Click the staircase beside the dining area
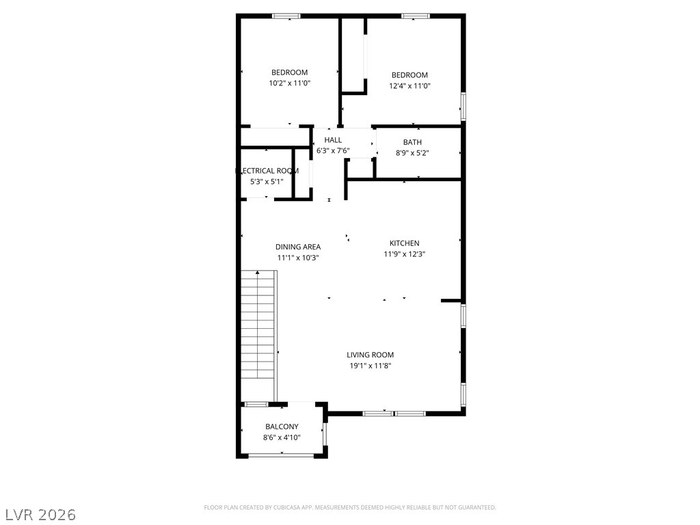click(x=258, y=325)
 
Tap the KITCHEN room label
click(x=404, y=243)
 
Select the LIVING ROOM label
click(x=370, y=355)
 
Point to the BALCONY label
click(x=282, y=427)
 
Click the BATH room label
click(x=412, y=142)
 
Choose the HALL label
click(x=333, y=140)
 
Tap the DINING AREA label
click(x=298, y=247)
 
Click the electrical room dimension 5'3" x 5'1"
click(x=266, y=182)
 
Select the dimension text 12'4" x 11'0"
click(x=409, y=86)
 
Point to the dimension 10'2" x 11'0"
click(x=289, y=83)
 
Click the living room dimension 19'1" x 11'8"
click(x=370, y=366)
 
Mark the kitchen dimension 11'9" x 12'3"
click(x=404, y=254)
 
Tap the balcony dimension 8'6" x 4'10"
click(x=282, y=437)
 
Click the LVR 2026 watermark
click(x=40, y=514)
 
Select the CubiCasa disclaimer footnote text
click(x=350, y=507)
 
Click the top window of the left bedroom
click(x=286, y=16)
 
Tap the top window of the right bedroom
click(x=415, y=16)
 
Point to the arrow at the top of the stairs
click(x=257, y=273)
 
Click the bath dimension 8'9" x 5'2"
click(x=412, y=153)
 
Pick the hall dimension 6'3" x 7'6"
click(x=333, y=150)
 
